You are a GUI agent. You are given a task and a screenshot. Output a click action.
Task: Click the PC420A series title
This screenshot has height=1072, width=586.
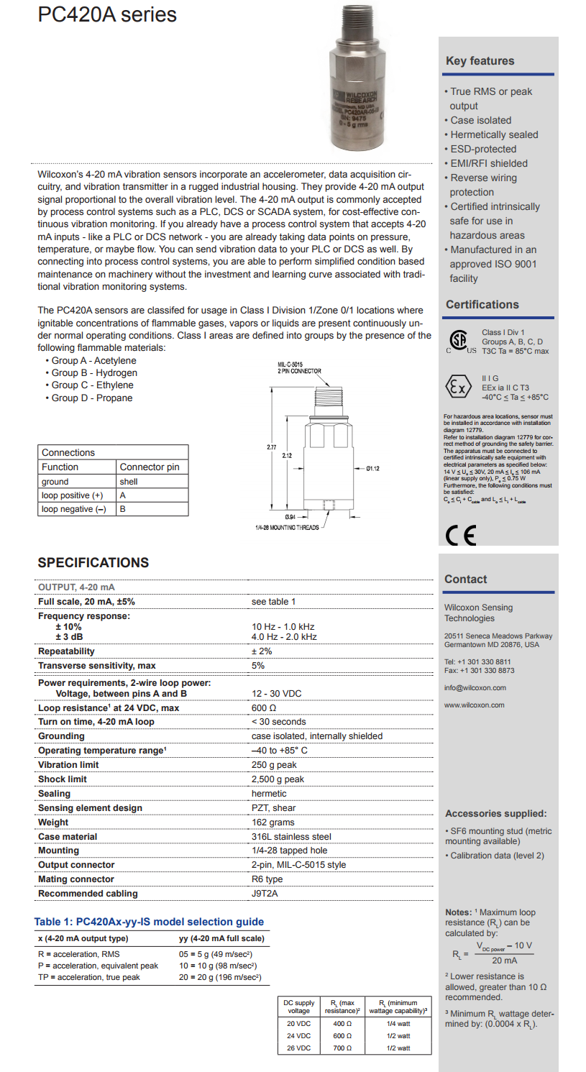(107, 14)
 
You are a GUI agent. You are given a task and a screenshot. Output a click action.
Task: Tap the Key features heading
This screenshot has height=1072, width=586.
(480, 61)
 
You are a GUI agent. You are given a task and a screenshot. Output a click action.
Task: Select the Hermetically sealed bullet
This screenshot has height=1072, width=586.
(494, 134)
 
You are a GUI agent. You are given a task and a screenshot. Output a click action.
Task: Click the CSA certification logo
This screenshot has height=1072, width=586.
(457, 340)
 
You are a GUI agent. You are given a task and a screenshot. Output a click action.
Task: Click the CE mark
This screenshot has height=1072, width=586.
(460, 536)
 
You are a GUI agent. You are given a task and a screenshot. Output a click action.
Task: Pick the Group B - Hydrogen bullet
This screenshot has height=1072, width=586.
(94, 372)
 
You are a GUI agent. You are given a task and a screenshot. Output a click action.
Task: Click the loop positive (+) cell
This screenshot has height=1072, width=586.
(72, 495)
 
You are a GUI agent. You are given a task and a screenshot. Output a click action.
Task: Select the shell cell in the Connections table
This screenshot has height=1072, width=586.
(129, 482)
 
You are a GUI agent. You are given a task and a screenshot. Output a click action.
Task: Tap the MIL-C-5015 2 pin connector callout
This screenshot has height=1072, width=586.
(299, 367)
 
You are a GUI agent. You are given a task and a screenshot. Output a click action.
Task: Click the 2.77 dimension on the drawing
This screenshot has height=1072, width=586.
(272, 447)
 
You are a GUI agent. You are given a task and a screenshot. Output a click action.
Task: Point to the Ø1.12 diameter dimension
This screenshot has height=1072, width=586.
(372, 469)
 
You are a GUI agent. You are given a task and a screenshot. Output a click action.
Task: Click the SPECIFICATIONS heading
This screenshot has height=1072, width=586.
(93, 563)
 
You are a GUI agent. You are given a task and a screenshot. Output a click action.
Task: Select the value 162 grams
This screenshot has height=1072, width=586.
(273, 823)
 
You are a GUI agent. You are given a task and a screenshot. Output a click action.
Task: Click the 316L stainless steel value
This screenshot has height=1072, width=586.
(291, 837)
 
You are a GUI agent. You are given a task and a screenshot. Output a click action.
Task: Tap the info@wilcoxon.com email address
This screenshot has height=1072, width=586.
(475, 687)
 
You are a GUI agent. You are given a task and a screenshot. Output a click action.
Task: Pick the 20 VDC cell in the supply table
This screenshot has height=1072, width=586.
(298, 1024)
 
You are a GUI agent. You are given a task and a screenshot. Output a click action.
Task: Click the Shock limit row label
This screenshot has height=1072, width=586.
(63, 779)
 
